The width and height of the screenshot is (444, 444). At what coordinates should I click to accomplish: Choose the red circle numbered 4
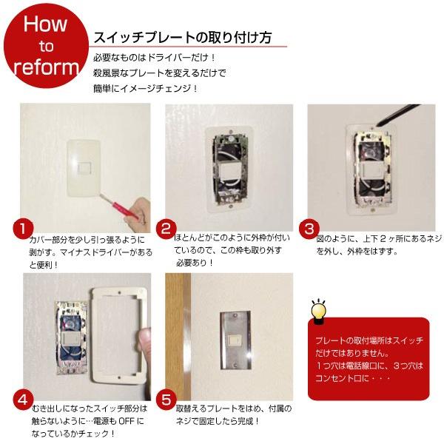tap(24, 399)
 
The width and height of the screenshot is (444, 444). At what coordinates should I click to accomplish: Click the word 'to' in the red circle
tap(46, 46)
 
